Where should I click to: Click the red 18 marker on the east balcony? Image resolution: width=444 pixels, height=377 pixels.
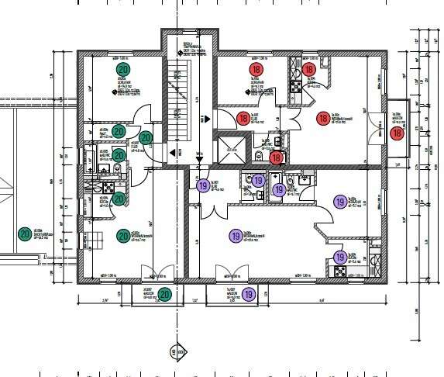click(397, 133)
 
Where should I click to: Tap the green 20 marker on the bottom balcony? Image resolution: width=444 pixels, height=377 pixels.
click(164, 294)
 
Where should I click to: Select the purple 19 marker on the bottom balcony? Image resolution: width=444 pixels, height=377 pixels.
click(249, 294)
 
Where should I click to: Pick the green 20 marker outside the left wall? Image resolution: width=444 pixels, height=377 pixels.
click(25, 233)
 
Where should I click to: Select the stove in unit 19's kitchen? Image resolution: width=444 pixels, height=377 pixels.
click(339, 271)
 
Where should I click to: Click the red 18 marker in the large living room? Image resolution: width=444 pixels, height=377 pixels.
click(324, 119)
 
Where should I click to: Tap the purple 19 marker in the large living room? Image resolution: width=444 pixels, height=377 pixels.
click(235, 236)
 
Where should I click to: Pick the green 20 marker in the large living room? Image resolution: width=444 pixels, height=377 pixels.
click(122, 236)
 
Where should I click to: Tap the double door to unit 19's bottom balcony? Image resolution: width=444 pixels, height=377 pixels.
click(226, 272)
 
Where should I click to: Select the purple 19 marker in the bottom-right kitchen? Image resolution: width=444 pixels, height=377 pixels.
click(339, 258)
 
